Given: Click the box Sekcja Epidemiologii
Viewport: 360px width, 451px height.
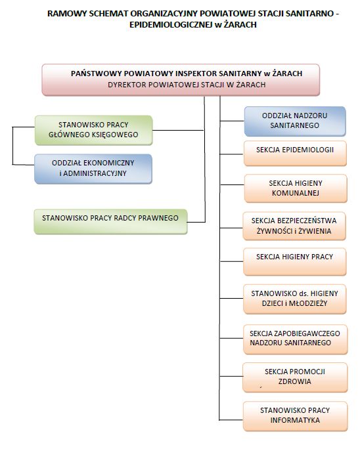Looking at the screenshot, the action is point(295,154).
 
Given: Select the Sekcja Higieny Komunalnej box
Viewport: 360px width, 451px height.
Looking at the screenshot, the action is point(296,188).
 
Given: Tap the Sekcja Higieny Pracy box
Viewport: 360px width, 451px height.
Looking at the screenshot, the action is point(295,262).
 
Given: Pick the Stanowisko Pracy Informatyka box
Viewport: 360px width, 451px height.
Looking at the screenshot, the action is point(295,416).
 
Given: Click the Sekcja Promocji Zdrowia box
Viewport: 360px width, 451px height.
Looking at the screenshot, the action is point(295,377).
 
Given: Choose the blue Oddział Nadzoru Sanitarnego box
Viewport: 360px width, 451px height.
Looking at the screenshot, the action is point(295,121).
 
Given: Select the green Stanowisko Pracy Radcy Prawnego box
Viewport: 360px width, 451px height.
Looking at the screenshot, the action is point(110,221).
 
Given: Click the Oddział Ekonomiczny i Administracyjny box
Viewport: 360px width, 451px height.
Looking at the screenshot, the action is point(93,169).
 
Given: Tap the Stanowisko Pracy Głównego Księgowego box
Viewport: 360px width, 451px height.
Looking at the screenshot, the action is point(93,130).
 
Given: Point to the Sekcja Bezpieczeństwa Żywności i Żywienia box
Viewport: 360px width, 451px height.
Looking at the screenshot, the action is point(294,226).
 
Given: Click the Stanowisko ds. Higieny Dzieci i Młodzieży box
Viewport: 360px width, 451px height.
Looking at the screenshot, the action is point(295,299).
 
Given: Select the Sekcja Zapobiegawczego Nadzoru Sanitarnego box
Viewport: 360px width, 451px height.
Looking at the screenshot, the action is point(295,339).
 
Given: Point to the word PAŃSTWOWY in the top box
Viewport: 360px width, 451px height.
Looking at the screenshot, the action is point(91,74).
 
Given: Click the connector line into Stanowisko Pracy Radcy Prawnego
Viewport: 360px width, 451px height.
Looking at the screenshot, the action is point(196,222).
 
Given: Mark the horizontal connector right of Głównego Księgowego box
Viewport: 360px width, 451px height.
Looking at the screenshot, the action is point(178,130).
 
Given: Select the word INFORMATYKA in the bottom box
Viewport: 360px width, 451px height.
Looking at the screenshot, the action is point(295,420).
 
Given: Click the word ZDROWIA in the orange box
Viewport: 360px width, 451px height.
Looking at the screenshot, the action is point(295,381).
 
